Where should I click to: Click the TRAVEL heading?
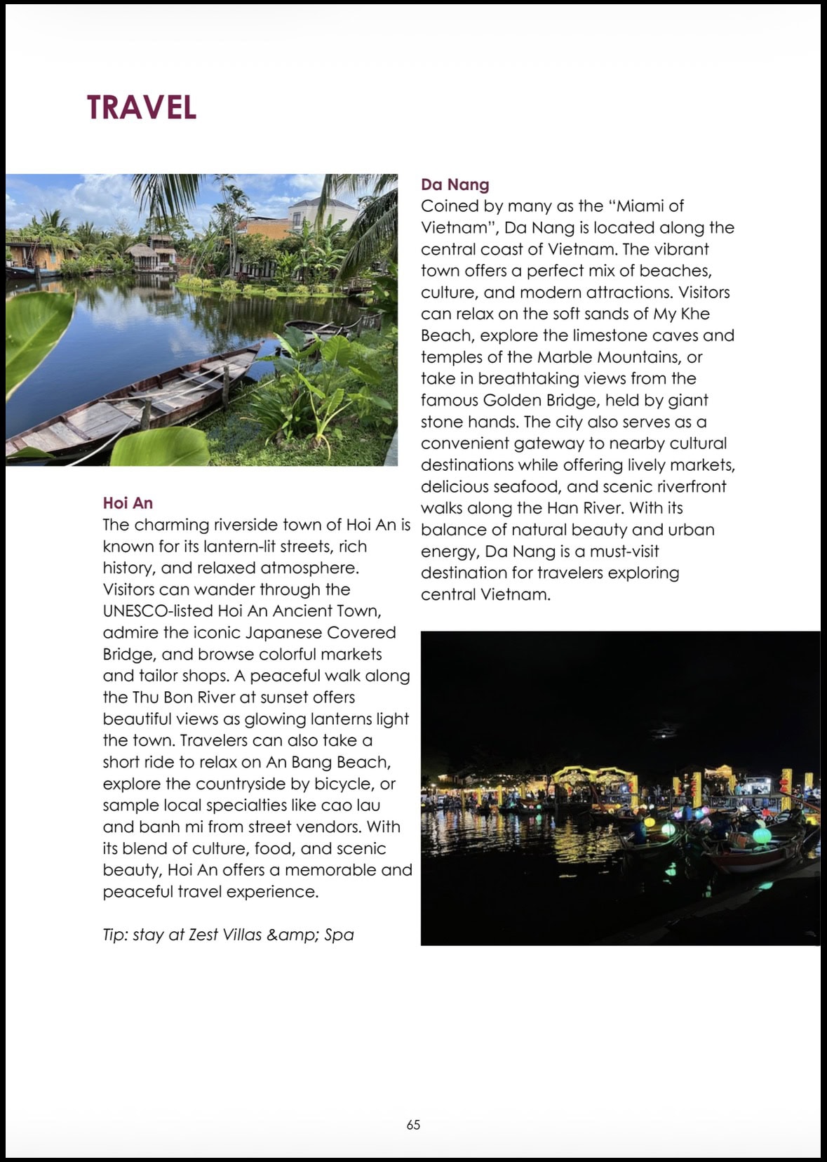pyautogui.click(x=142, y=107)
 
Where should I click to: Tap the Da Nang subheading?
pyautogui.click(x=455, y=185)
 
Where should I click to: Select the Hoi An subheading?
pyautogui.click(x=128, y=502)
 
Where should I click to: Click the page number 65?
pyautogui.click(x=413, y=1124)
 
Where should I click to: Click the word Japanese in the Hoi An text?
pyautogui.click(x=283, y=633)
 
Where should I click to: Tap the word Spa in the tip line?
pyautogui.click(x=339, y=935)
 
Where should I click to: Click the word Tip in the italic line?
pyautogui.click(x=115, y=935)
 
